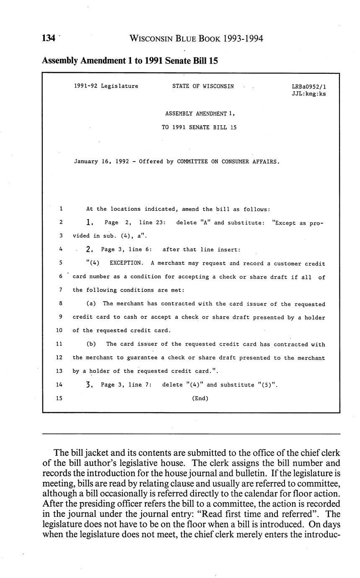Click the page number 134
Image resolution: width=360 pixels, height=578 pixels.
49,39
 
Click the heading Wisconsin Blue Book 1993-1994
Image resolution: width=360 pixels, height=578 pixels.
196,39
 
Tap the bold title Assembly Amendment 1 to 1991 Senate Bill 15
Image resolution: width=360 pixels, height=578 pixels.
130,60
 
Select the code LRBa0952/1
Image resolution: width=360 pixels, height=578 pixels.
308,87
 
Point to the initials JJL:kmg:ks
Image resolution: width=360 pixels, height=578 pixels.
308,94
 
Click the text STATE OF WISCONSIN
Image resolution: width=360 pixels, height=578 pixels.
203,87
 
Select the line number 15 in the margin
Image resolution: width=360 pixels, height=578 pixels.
59,398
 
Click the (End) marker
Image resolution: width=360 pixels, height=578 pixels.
200,398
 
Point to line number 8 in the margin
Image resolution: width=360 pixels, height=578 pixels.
61,304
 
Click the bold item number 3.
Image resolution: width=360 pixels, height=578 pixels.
88,384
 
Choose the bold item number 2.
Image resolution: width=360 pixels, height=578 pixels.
88,250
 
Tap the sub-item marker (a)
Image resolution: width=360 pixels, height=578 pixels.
91,304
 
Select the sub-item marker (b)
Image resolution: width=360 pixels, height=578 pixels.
91,344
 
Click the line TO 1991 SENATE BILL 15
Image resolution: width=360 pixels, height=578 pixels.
199,127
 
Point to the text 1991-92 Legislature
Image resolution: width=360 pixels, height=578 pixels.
106,87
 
